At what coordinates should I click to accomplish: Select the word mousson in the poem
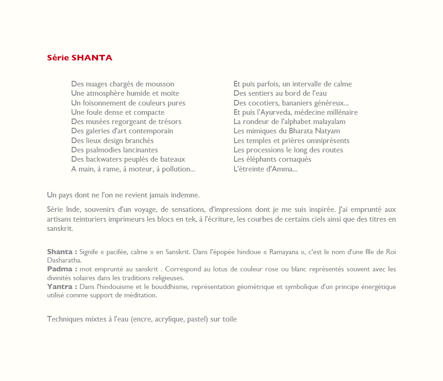click(160, 84)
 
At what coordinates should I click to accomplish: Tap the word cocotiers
click(263, 103)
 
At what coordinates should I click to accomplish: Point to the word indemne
click(184, 194)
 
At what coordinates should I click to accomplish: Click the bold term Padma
click(59, 269)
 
